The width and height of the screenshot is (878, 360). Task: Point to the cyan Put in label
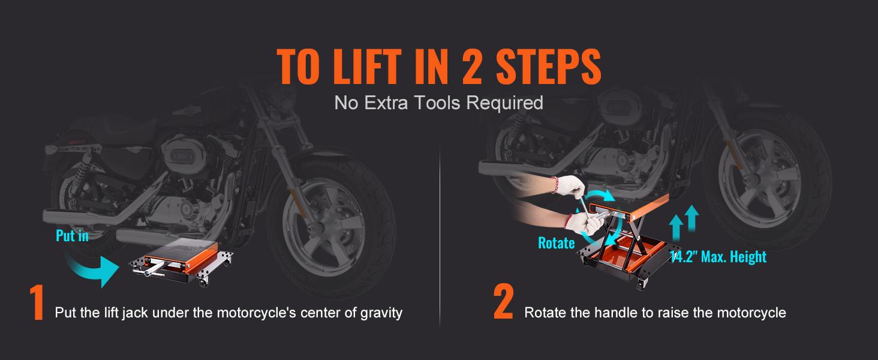click(x=72, y=236)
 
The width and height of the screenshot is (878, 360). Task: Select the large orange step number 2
click(x=503, y=304)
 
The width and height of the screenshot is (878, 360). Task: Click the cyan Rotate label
click(x=556, y=243)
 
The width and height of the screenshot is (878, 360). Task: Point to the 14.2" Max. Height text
click(x=718, y=257)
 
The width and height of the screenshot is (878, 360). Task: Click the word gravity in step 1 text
click(x=383, y=313)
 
